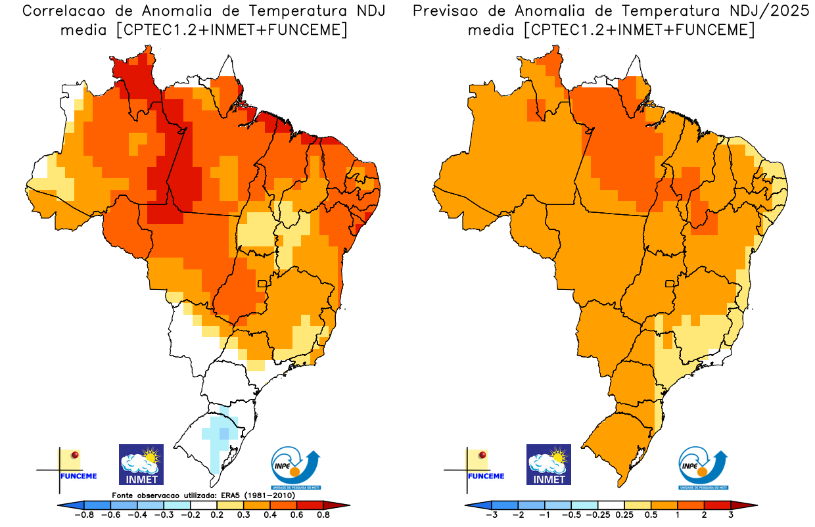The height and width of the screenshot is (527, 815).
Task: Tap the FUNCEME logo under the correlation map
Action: pyautogui.click(x=68, y=467)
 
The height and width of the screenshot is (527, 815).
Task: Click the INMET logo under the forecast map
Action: pyautogui.click(x=549, y=465)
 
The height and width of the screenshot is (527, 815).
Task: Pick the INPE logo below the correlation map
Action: pyautogui.click(x=296, y=468)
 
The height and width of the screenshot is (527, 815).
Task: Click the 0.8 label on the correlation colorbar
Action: pyautogui.click(x=323, y=516)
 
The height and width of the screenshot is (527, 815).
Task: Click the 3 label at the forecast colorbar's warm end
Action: pyautogui.click(x=731, y=516)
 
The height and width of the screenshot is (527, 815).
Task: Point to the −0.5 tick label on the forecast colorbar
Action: pyautogui.click(x=571, y=516)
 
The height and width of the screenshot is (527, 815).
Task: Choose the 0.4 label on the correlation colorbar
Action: pyautogui.click(x=269, y=516)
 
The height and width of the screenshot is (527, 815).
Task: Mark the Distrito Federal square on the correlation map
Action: pyautogui.click(x=262, y=284)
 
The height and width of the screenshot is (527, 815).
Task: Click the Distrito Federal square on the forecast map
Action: pyautogui.click(x=670, y=284)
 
